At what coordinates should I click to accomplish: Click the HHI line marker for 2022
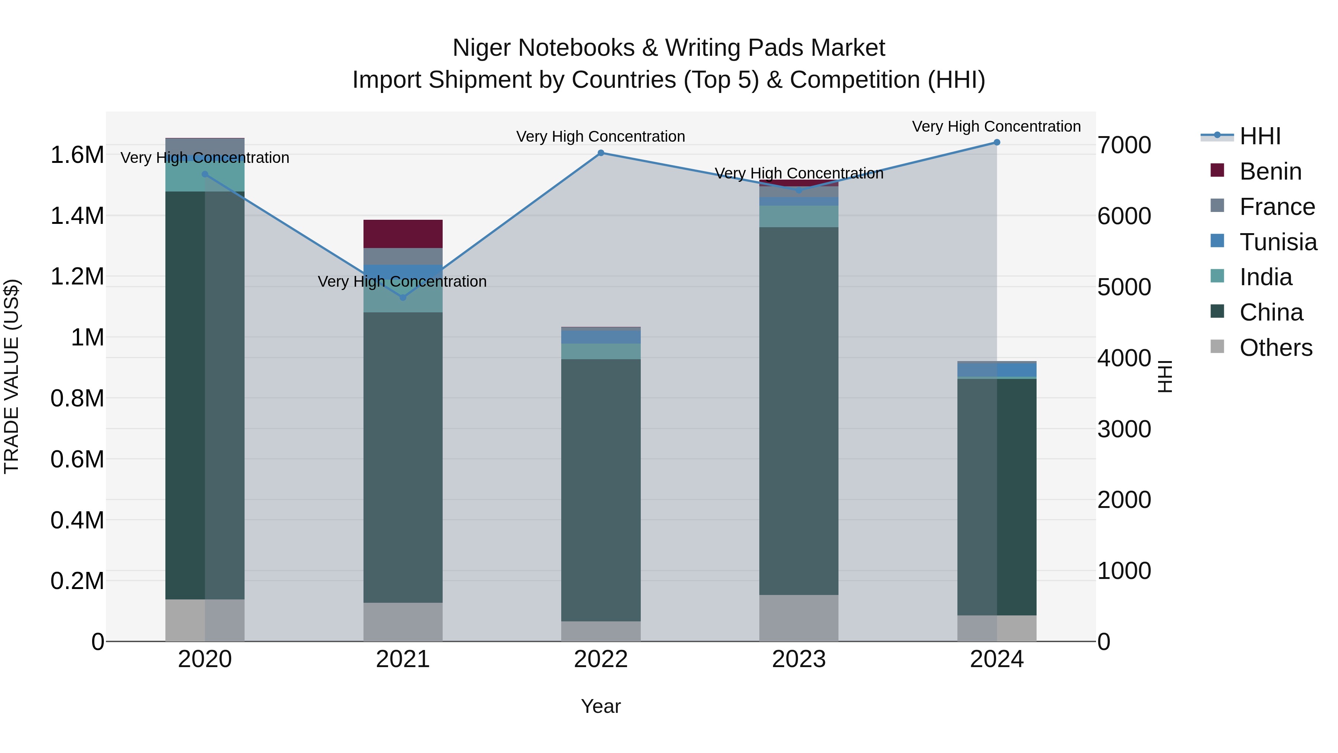tap(601, 153)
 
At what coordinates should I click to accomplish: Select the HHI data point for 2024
tap(997, 142)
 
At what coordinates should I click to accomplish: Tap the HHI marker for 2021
tap(403, 297)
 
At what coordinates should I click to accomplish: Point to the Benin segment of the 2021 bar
tap(403, 234)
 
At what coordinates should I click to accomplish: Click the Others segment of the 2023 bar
tap(798, 618)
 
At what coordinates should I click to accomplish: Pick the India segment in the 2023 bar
tap(798, 216)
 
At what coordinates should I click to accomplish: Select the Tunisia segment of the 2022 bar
tap(601, 337)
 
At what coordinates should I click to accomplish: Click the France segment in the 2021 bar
tap(403, 256)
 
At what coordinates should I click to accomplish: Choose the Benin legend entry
tap(1270, 171)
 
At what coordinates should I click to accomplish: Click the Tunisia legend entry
tap(1278, 242)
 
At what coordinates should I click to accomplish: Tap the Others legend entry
tap(1275, 348)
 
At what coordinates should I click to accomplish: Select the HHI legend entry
tap(1260, 136)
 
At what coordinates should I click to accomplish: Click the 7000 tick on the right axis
tap(1124, 145)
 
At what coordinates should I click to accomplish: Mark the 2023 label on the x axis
tap(798, 659)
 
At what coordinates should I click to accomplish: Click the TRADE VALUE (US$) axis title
tap(12, 376)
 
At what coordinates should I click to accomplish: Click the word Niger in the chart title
tap(482, 48)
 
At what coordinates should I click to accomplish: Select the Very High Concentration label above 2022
tap(601, 137)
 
